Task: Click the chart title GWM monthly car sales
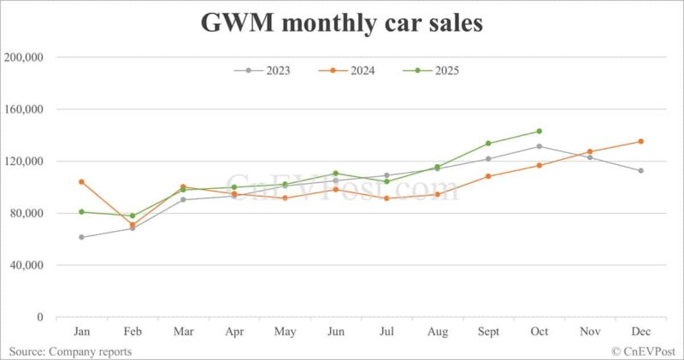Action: pos(342,23)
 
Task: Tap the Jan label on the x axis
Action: pos(81,331)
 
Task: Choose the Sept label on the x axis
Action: pos(488,331)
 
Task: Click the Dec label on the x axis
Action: pos(640,331)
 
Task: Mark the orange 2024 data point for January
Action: pos(81,181)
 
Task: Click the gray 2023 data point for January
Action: pos(81,237)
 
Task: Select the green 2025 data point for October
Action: pos(540,131)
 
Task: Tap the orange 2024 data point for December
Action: pos(641,141)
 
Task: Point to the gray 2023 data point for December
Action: pos(641,170)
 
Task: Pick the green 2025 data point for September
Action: pos(488,143)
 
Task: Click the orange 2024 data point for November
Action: pos(590,151)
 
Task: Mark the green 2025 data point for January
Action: pos(81,211)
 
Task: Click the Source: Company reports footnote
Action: pos(71,351)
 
